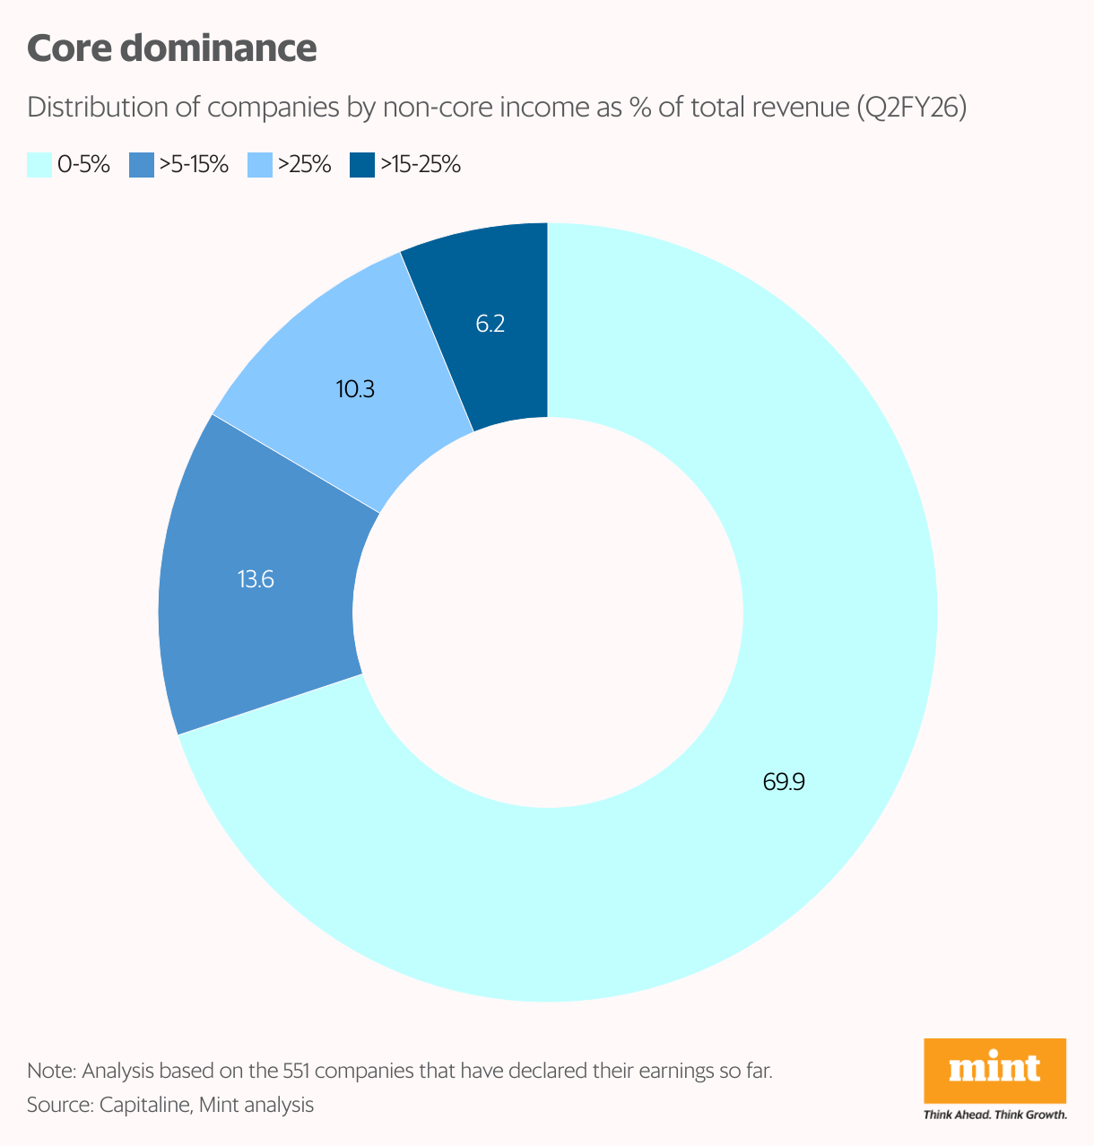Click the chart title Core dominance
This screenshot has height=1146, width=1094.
171,48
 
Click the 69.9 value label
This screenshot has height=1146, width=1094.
784,782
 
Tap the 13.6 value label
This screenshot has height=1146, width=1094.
256,579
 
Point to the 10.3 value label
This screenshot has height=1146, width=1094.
355,389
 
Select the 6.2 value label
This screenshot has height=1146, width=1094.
491,324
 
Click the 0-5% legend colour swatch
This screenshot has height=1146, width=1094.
39,165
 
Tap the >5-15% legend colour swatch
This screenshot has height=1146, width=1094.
141,165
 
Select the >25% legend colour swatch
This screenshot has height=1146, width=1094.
258,165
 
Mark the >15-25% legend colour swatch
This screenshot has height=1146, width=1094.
361,165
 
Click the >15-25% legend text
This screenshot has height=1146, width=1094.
420,165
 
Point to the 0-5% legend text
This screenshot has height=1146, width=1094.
83,165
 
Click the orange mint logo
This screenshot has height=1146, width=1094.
994,1071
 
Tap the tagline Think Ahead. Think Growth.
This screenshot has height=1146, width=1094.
994,1116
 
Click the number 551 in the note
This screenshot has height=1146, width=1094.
297,1071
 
